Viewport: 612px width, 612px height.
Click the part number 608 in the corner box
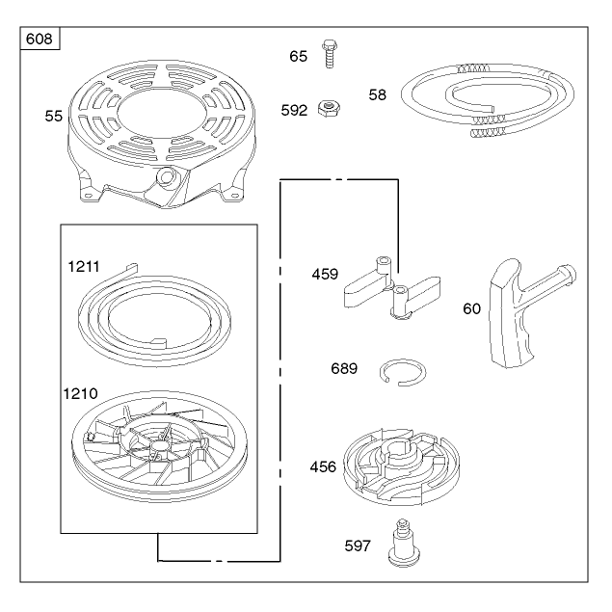click(x=39, y=39)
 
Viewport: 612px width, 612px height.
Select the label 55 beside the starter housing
click(x=53, y=116)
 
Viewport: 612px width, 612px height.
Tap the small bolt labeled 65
click(x=330, y=54)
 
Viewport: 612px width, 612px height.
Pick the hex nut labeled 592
click(x=329, y=108)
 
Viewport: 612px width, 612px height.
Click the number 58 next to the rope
click(x=377, y=94)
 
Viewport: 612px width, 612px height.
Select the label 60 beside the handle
click(x=471, y=308)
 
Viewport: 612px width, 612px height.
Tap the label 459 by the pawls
click(x=325, y=274)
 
